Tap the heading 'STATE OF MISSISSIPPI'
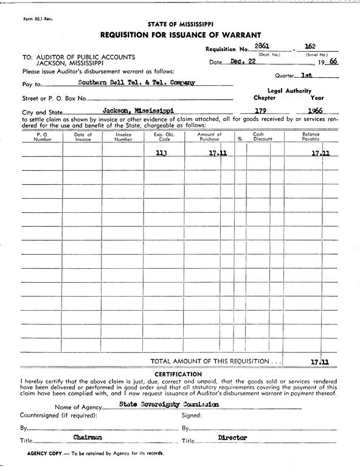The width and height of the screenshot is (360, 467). (x=180, y=24)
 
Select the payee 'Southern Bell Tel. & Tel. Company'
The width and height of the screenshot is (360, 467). (x=136, y=83)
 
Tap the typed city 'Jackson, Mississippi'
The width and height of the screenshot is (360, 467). (x=137, y=110)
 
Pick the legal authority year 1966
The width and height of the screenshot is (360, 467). (x=314, y=111)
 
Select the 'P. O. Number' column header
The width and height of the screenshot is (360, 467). (x=43, y=137)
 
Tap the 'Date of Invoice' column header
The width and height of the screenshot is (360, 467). (x=83, y=137)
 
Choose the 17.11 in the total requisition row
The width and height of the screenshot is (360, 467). (x=319, y=361)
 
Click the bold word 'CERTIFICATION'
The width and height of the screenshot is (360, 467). (x=179, y=373)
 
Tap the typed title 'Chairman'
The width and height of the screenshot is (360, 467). (x=88, y=437)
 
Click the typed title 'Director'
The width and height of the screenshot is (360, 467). (x=233, y=437)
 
